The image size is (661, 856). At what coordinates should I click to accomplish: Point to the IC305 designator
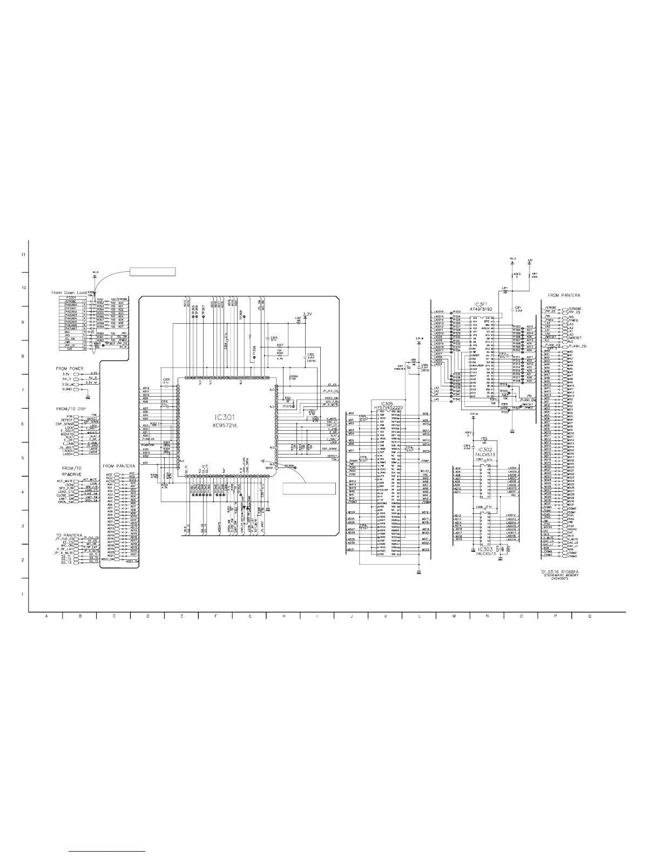coord(387,403)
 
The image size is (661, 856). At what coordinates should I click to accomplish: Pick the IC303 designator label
coord(483,550)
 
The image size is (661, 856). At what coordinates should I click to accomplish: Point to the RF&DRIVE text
coord(71,474)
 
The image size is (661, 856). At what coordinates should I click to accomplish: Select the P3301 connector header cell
coord(70,297)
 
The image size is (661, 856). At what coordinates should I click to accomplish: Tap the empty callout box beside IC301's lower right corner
coord(309,489)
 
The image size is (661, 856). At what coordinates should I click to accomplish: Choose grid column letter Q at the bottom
coord(590,616)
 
